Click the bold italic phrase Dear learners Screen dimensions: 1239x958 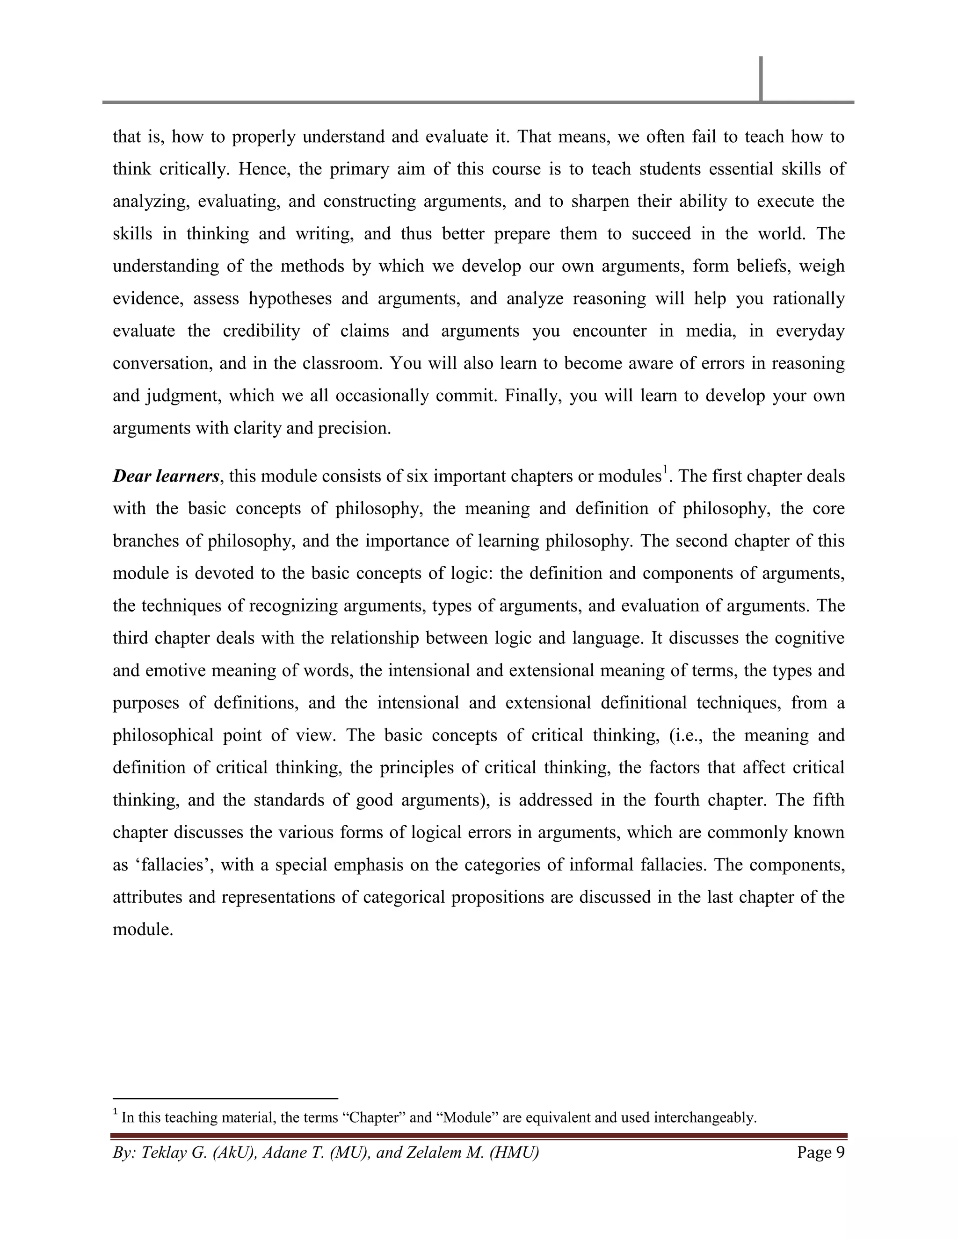166,476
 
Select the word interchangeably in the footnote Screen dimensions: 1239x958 705,1117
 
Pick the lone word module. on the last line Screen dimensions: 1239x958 143,930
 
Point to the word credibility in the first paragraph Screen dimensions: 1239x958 261,331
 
